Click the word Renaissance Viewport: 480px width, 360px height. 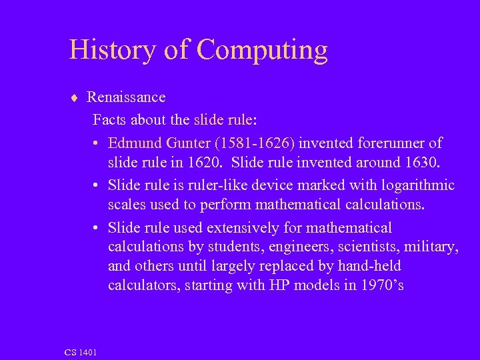coord(126,97)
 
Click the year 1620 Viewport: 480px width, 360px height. coord(202,163)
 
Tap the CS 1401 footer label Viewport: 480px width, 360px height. coord(81,351)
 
